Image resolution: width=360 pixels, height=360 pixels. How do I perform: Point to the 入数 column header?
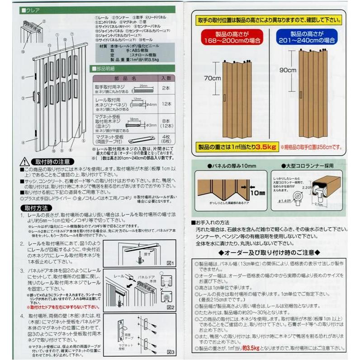pos(166,78)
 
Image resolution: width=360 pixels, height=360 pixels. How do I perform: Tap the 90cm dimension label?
pos(288,71)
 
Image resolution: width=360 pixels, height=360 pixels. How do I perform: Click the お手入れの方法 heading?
pos(213,223)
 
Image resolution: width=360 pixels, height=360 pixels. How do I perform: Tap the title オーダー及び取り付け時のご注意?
pos(270,252)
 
